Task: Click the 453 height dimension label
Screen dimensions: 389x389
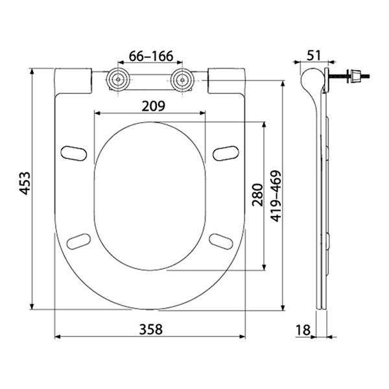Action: pos(25,183)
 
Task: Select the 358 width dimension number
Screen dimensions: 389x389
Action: pos(150,329)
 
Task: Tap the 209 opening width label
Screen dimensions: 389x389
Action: pos(153,106)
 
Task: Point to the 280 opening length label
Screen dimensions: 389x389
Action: pos(257,194)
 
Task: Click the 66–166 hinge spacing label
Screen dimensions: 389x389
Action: pos(151,56)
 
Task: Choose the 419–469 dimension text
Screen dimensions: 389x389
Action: pos(276,196)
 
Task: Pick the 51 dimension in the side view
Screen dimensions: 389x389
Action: pos(314,55)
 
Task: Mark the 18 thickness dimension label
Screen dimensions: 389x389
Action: pos(303,330)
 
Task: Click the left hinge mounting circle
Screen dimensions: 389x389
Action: pos(118,79)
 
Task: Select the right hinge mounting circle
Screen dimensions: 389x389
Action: pos(182,79)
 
